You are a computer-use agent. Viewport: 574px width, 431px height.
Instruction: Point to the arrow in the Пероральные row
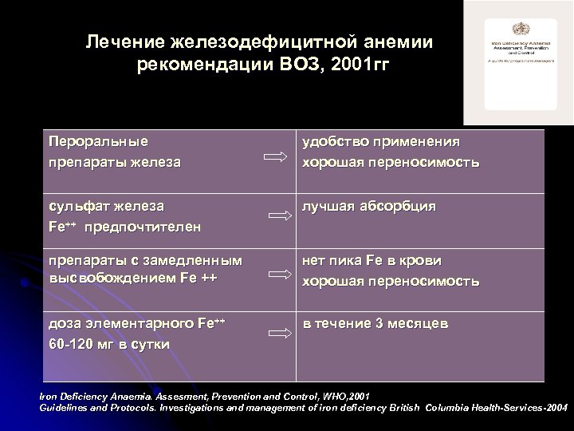pyautogui.click(x=275, y=160)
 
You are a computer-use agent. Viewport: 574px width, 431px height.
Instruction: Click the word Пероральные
pyautogui.click(x=98, y=142)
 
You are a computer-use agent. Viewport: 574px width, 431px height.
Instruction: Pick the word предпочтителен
pyautogui.click(x=144, y=227)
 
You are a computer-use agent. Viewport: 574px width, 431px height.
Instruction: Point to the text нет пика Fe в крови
pyautogui.click(x=371, y=260)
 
